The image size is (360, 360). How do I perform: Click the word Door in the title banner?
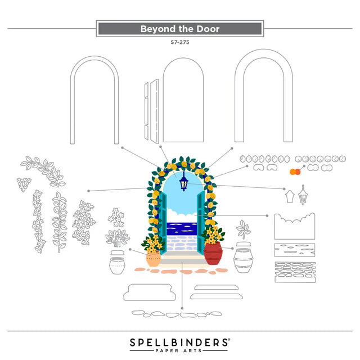[x=208, y=29]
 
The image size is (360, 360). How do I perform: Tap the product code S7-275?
[x=180, y=42]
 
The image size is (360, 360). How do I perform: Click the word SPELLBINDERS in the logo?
[x=179, y=343]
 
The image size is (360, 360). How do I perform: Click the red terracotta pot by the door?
[x=213, y=254]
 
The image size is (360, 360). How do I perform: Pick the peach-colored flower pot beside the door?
[x=154, y=259]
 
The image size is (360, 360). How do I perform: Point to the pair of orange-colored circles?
[x=295, y=172]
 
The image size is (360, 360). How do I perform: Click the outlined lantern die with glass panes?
[x=303, y=195]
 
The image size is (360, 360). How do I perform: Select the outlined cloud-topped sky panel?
[x=295, y=226]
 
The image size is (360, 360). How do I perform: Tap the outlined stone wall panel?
[x=295, y=272]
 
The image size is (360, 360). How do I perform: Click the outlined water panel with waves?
[x=295, y=250]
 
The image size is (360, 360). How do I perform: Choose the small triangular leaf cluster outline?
[x=24, y=184]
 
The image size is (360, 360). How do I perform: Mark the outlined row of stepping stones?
[x=177, y=314]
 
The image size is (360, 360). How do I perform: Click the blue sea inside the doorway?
[x=182, y=229]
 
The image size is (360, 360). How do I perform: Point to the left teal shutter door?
[x=163, y=223]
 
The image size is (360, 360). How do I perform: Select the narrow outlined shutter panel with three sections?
[x=146, y=111]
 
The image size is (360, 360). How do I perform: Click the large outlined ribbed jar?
[x=244, y=260]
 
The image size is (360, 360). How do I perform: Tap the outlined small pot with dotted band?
[x=117, y=265]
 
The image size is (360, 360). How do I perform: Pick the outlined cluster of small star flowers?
[x=116, y=217]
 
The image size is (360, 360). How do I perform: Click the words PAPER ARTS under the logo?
[x=179, y=350]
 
